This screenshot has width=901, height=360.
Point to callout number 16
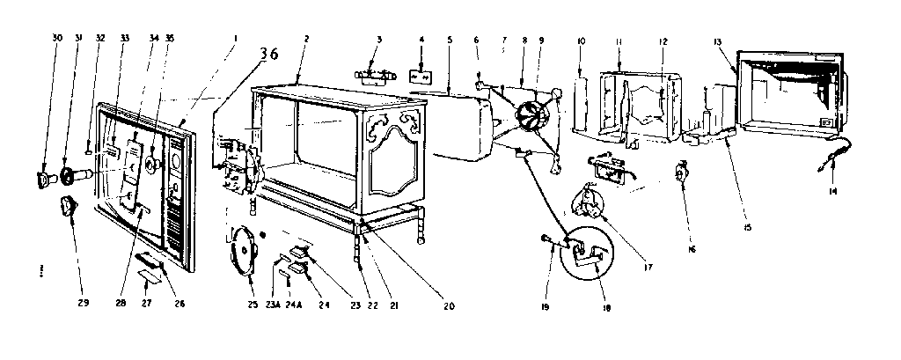[x=692, y=250]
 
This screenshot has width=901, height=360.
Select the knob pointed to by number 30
[x=44, y=180]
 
